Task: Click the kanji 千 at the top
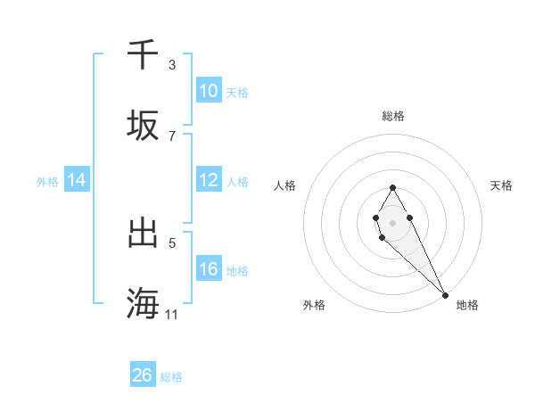[x=144, y=55]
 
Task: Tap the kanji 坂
[x=144, y=126]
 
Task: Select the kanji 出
[x=144, y=234]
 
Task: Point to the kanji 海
[x=144, y=304]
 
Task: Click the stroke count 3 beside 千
[x=172, y=64]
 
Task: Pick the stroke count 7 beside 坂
[x=172, y=136]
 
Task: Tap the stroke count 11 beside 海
[x=172, y=314]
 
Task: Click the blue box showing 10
[x=208, y=91]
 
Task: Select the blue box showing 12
[x=208, y=180]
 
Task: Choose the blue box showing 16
[x=208, y=269]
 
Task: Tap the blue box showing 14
[x=77, y=180]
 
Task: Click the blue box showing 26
[x=143, y=375]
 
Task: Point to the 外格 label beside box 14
[x=47, y=181]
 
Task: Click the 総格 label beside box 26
[x=171, y=377]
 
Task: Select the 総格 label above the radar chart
[x=393, y=116]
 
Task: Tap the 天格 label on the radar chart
[x=501, y=185]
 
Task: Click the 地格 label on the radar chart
[x=467, y=305]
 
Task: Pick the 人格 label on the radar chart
[x=285, y=185]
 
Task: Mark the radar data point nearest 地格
[x=445, y=295]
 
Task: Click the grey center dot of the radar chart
[x=392, y=222]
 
